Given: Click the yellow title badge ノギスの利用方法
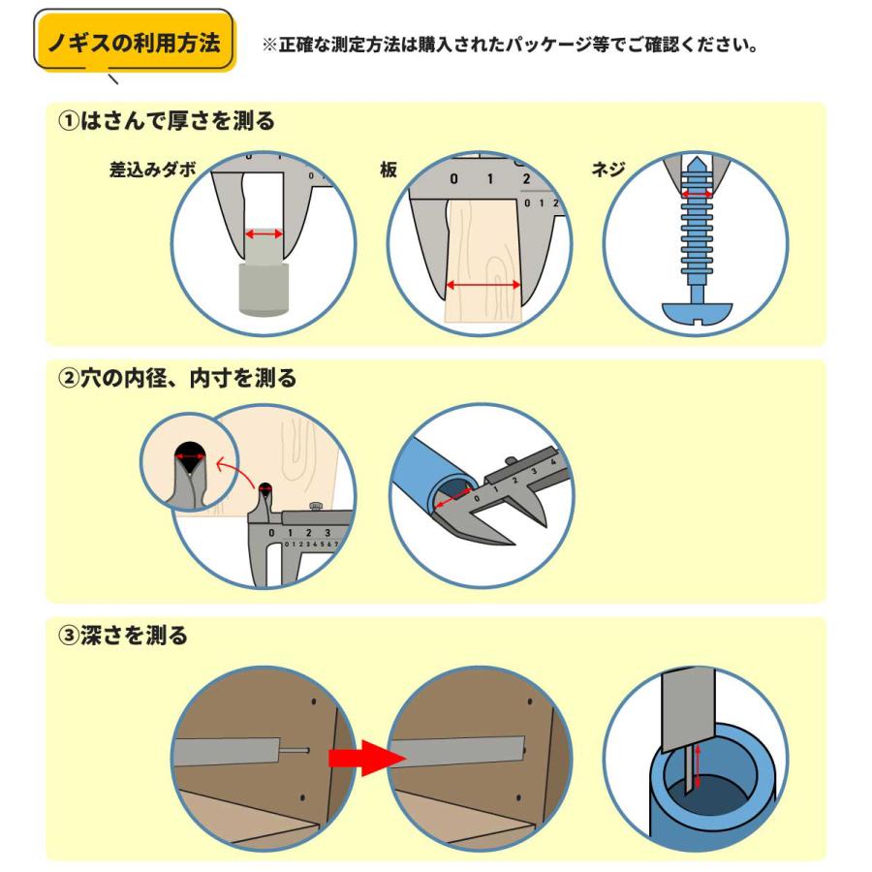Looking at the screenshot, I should tap(135, 44).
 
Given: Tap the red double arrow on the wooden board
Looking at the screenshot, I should tap(483, 285).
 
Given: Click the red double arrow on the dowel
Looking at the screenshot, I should tap(265, 234).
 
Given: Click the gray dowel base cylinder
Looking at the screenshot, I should tap(265, 292).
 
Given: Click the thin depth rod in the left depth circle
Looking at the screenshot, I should tap(290, 749).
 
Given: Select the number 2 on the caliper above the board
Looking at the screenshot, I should tap(526, 178).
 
